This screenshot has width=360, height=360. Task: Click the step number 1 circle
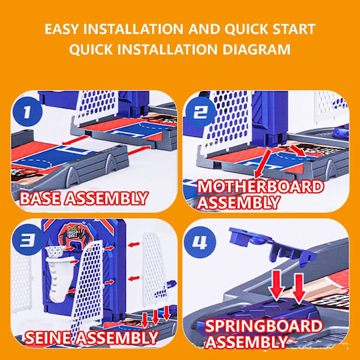[28, 112]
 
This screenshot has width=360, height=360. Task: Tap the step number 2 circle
[200, 112]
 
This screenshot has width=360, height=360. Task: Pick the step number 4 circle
[200, 242]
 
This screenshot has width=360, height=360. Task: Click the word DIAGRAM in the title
[256, 49]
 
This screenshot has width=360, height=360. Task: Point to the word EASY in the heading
[61, 29]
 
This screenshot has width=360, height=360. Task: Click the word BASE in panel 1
[40, 198]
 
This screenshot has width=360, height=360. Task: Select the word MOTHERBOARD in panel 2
[260, 187]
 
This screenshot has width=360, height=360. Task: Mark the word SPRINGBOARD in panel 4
[263, 326]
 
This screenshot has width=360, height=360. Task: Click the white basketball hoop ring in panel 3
[55, 250]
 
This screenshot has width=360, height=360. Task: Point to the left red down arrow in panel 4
[277, 284]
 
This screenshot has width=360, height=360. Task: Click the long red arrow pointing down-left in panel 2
[262, 164]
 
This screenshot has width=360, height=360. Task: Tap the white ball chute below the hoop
[59, 279]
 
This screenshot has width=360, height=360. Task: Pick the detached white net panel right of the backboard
[154, 270]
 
